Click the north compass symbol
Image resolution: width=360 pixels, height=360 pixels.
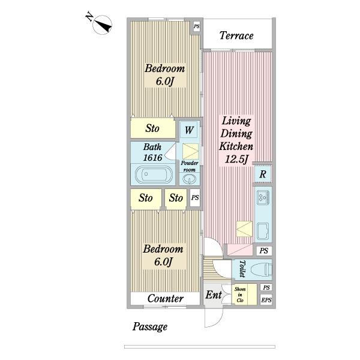(102, 25)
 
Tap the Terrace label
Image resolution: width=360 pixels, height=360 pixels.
(236, 35)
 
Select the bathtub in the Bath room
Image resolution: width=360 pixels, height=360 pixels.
(154, 175)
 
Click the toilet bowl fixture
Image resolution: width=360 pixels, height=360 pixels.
(262, 269)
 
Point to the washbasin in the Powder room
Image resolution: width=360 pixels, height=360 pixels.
(189, 179)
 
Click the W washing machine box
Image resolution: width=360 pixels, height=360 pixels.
(189, 130)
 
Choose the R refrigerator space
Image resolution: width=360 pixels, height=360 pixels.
(263, 174)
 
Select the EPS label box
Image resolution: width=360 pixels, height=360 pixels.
(266, 300)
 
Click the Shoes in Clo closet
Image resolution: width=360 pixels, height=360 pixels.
(245, 295)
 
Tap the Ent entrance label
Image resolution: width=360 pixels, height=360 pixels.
(214, 295)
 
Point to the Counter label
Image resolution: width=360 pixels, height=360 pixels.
(166, 298)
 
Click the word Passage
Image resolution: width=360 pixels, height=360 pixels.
(150, 327)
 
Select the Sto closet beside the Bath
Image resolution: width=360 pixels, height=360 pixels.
(152, 128)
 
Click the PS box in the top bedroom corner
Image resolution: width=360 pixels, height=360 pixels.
(197, 26)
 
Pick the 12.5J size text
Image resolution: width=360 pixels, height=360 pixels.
(236, 159)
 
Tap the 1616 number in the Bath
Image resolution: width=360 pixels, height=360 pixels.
(152, 158)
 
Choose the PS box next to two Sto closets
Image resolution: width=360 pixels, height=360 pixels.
(195, 197)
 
